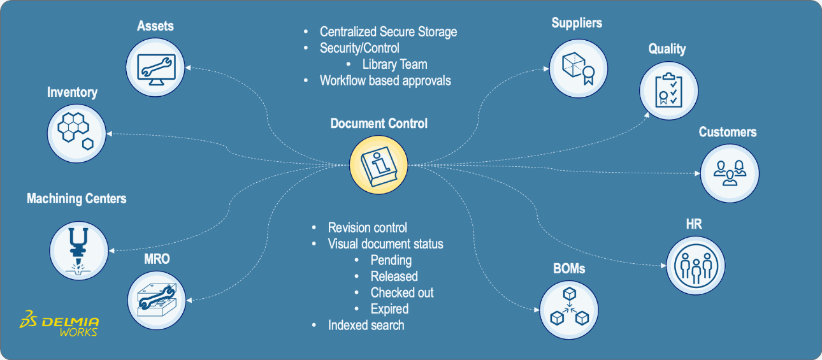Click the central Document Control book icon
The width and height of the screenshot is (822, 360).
(379, 162)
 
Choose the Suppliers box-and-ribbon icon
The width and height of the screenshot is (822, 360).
(577, 67)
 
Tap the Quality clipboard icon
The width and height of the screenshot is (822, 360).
(667, 90)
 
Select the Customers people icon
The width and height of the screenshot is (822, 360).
(730, 173)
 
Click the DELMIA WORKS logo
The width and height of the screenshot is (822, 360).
(59, 323)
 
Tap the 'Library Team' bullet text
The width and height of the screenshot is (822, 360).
(394, 64)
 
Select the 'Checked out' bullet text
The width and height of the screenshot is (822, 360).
(401, 292)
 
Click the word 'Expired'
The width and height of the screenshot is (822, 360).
(389, 309)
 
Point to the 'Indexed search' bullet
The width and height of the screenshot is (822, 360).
(366, 325)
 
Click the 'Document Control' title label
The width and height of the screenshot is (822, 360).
(379, 124)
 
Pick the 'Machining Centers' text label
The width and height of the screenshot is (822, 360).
(76, 199)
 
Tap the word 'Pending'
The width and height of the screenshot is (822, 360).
(391, 260)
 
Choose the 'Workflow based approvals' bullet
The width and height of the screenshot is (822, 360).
(385, 80)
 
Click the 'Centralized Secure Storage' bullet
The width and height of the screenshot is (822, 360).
(388, 32)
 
